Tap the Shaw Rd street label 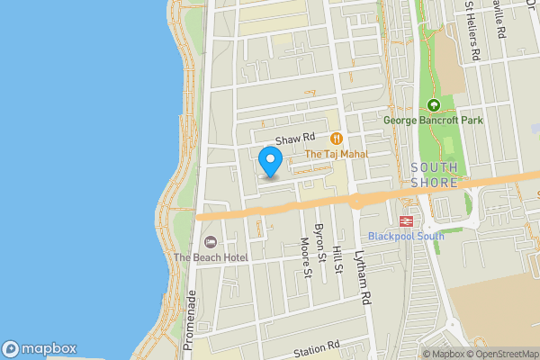294,139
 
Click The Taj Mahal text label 337,154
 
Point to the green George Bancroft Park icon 433,104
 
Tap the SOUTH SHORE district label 434,175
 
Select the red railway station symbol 406,220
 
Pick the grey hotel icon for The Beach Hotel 211,241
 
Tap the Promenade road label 190,319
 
